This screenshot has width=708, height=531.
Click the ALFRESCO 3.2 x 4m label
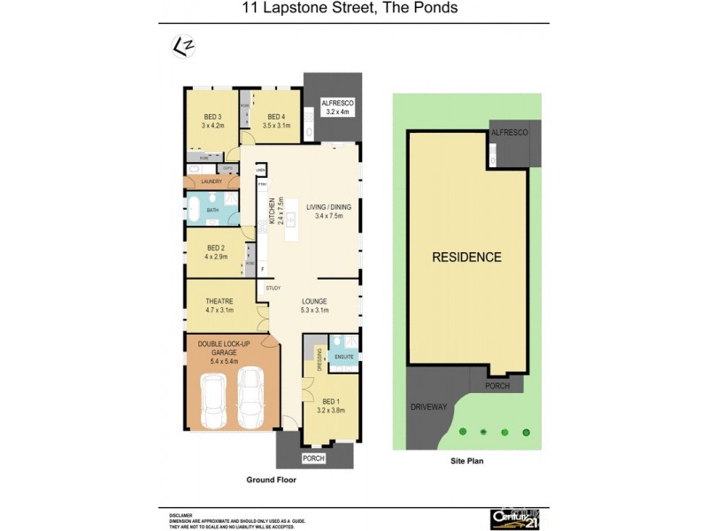click(x=338, y=108)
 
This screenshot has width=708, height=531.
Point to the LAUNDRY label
click(x=211, y=181)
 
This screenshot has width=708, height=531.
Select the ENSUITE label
click(x=343, y=357)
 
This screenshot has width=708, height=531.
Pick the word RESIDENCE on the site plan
click(x=466, y=258)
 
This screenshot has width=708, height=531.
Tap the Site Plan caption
click(x=464, y=461)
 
